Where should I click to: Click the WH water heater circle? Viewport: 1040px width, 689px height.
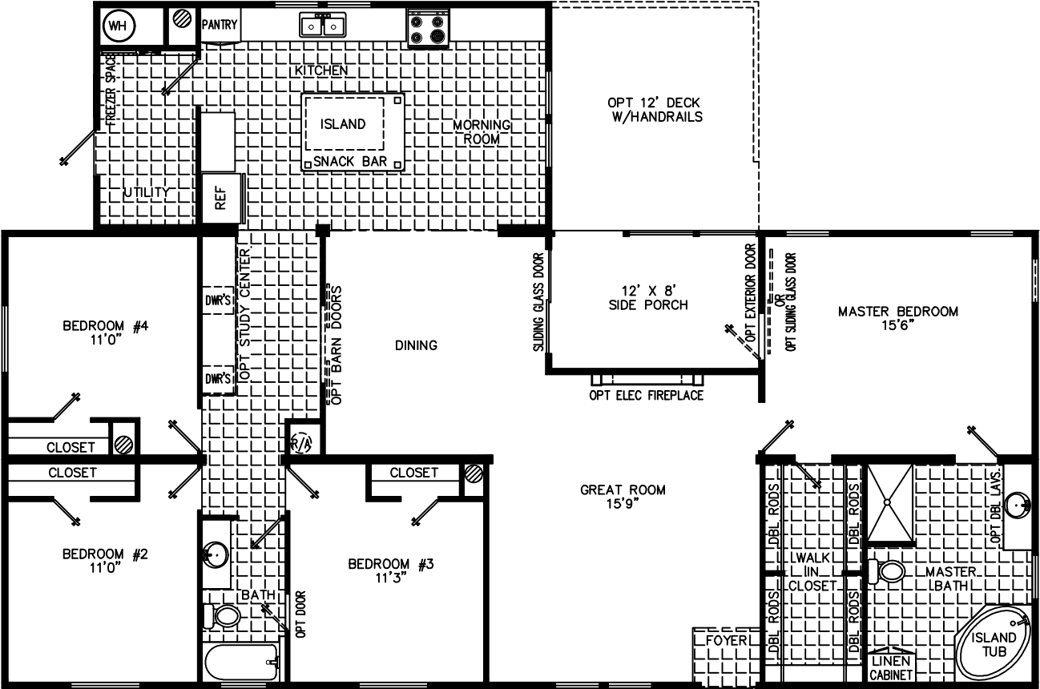coord(118,26)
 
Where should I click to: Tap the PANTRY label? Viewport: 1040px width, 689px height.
coord(219,25)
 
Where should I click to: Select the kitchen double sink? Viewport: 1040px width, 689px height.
coord(323,26)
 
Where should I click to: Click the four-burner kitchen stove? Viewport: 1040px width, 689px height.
coord(427,28)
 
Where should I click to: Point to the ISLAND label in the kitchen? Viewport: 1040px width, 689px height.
coord(343,124)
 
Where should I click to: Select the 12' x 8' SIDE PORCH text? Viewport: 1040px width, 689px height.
coord(655,297)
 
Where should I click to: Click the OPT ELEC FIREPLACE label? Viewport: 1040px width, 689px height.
coord(646,395)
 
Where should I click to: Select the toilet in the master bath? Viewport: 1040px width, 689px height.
coord(889,572)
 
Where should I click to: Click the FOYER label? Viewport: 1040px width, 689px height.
coord(727,641)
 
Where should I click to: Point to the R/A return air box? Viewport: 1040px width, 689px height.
coord(300,441)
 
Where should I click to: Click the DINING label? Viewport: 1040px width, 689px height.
coord(416,345)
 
